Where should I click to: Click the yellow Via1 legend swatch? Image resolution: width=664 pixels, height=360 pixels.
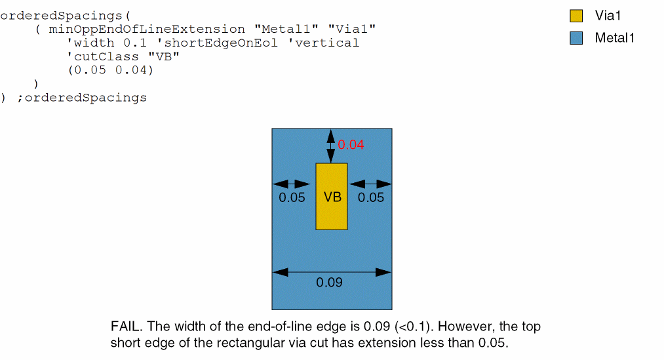(576, 16)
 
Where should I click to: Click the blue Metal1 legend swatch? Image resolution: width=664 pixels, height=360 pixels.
(576, 38)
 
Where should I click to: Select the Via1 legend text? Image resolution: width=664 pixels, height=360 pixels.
(608, 16)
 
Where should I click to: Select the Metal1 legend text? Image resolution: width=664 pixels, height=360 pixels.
(614, 38)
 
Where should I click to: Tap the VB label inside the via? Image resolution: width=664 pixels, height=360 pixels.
(332, 197)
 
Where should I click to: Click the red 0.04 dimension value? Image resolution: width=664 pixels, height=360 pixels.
(351, 145)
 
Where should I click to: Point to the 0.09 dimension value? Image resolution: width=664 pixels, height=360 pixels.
(329, 283)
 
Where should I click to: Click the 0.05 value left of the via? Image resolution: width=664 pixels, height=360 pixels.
(292, 197)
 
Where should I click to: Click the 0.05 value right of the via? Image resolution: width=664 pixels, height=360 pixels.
(371, 197)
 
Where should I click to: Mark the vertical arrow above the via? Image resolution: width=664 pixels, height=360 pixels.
(331, 146)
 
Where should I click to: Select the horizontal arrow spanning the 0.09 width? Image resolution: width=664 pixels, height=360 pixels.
(332, 271)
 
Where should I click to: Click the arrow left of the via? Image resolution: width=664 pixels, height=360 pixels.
(292, 184)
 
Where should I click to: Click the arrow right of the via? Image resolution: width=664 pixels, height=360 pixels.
(370, 184)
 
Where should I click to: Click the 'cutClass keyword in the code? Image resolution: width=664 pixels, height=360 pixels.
(98, 57)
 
